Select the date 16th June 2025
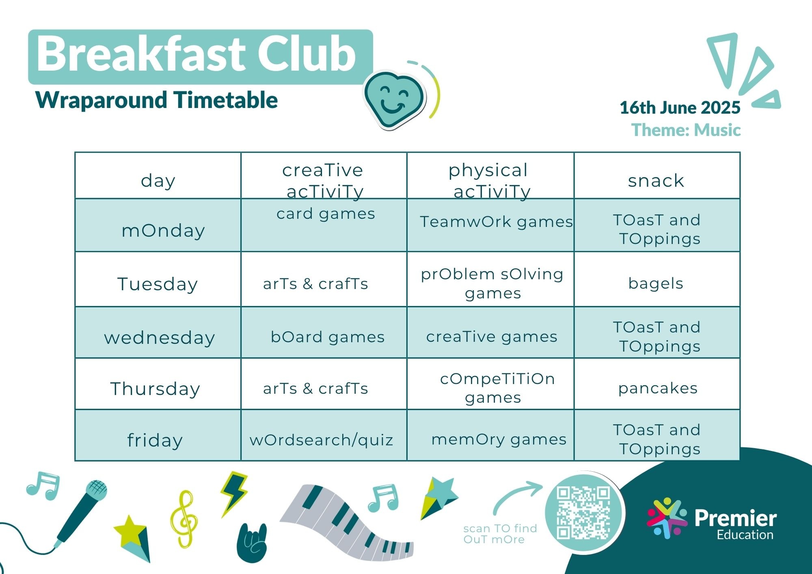[x=680, y=108]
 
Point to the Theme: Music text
[x=686, y=130]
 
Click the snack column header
[x=656, y=181]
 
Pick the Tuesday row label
[x=158, y=284]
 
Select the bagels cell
[x=656, y=283]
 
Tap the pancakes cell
[x=658, y=388]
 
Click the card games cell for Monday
[x=326, y=214]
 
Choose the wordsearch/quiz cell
[x=321, y=440]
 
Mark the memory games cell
[x=499, y=439]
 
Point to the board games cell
[x=327, y=337]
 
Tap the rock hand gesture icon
[x=252, y=543]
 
